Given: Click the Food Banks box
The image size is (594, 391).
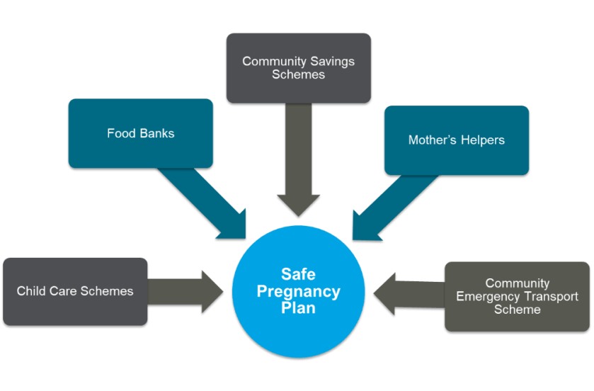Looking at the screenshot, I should coord(140,133).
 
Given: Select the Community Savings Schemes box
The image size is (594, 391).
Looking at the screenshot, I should coord(298,68).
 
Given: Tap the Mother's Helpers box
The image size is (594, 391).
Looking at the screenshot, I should coord(456,140).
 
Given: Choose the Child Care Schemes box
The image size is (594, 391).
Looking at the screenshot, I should coord(75,291).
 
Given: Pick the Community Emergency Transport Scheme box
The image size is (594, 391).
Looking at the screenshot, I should coord(517,297).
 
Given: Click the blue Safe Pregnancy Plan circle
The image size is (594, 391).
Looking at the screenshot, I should coord(298,291).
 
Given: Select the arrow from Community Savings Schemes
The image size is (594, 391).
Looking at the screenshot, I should coord(298,163).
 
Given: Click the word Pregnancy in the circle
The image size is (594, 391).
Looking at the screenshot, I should coord(298,291).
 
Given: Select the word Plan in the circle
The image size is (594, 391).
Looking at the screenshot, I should coord(298,308).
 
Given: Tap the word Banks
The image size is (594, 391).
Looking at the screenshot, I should coord(157,133).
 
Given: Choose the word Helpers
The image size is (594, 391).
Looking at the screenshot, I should coord(481,140).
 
